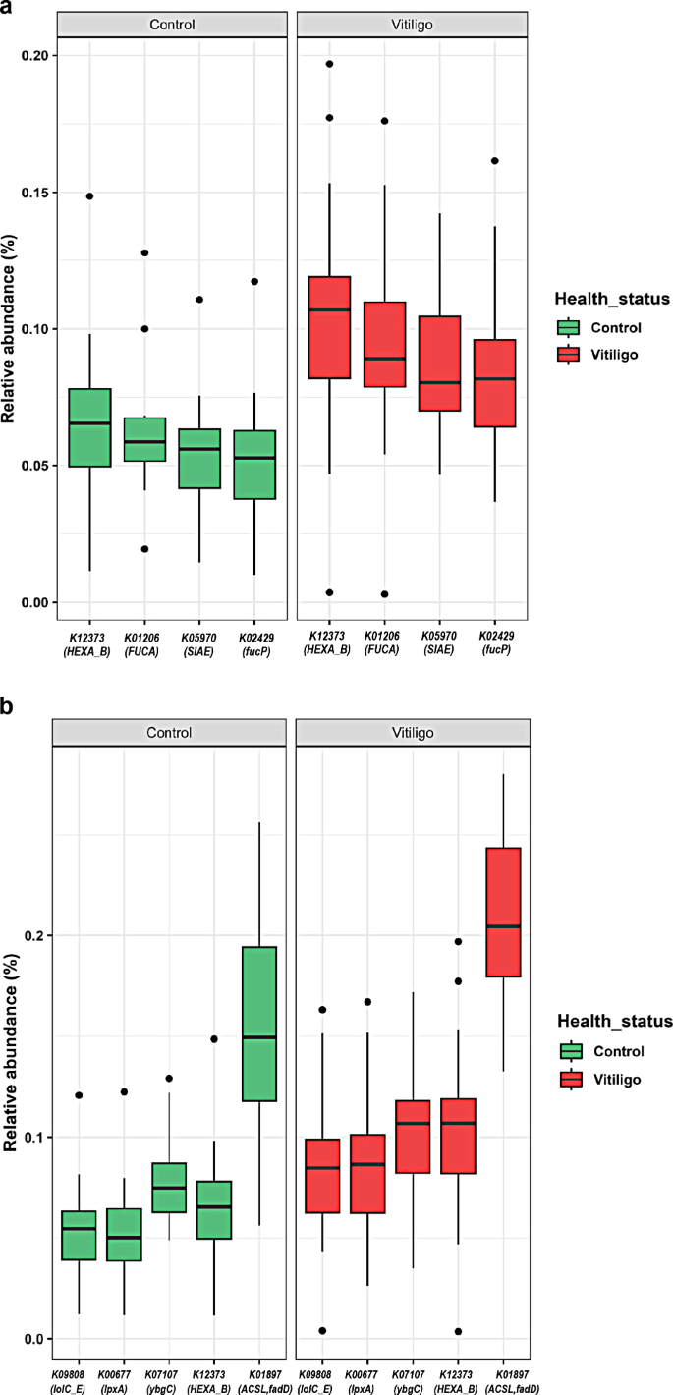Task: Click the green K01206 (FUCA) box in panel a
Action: coord(143,439)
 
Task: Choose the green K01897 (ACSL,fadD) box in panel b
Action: coord(259,1024)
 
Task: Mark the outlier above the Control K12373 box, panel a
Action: coord(89,195)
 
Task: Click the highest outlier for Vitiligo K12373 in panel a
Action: coord(329,64)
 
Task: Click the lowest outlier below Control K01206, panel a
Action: coord(143,549)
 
